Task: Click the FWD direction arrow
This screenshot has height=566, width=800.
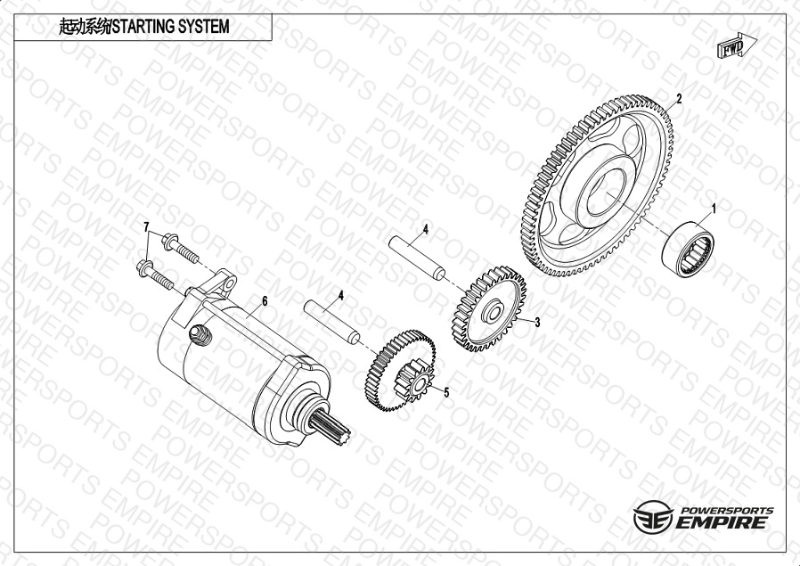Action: [x=737, y=46]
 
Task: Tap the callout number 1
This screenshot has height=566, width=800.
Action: [x=714, y=209]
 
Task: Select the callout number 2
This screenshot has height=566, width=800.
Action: [x=679, y=99]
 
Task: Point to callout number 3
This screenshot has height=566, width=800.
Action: [x=537, y=322]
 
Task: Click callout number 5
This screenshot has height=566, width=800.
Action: [x=446, y=392]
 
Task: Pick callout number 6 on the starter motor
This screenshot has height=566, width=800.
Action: [x=265, y=301]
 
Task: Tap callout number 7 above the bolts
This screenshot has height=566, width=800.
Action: [x=147, y=226]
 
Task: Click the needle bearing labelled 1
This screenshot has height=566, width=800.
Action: [x=688, y=249]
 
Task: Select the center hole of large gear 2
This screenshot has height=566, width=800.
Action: [x=606, y=192]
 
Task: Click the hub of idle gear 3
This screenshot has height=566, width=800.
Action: [x=493, y=312]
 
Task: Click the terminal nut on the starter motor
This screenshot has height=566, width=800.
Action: [x=200, y=335]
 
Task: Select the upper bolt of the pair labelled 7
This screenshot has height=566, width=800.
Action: [x=180, y=248]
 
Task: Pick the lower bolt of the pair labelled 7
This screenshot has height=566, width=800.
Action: [x=155, y=275]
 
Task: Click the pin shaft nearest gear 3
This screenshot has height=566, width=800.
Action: [x=417, y=258]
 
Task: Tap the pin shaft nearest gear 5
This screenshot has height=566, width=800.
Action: [x=331, y=323]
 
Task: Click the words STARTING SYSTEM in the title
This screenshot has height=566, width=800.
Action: [x=171, y=27]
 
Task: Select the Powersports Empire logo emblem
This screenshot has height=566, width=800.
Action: [x=654, y=517]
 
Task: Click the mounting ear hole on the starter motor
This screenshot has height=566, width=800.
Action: [x=230, y=283]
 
